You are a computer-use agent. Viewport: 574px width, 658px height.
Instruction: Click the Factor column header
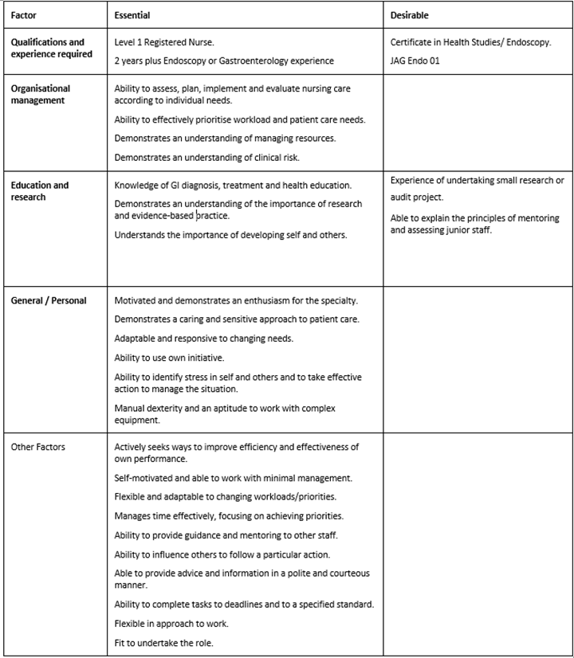[24, 15]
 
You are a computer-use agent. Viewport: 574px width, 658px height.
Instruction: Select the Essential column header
[132, 15]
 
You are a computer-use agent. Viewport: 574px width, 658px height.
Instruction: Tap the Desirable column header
[410, 15]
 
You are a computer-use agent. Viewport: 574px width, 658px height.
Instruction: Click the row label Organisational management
[41, 94]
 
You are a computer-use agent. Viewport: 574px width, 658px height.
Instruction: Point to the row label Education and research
[40, 190]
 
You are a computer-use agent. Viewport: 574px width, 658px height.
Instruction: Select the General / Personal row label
[49, 300]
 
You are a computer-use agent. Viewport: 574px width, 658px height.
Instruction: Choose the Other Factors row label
[38, 447]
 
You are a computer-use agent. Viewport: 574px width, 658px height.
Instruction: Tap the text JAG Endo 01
[415, 61]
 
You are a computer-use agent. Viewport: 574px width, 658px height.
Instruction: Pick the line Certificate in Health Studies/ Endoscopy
[470, 42]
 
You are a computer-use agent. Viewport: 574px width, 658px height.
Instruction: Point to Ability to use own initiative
[169, 357]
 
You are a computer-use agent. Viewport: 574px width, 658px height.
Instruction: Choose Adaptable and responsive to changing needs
[192, 338]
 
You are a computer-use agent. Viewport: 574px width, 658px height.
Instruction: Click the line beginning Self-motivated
[234, 478]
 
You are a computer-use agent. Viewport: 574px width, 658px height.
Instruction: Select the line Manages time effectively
[229, 516]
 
